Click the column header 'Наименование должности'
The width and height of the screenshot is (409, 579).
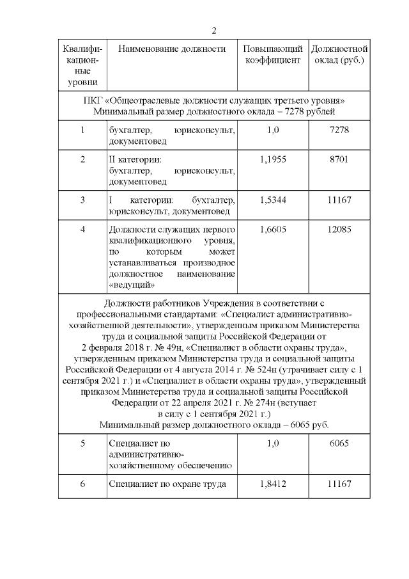coord(172,49)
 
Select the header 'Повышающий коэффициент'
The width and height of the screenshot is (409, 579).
coord(272,55)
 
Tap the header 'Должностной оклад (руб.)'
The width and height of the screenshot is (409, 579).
coord(339,55)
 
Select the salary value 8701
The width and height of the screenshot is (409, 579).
coord(339,159)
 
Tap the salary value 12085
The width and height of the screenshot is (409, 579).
coord(339,230)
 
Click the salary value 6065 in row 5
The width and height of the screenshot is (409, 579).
coord(339,443)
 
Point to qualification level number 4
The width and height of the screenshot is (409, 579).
coord(83,230)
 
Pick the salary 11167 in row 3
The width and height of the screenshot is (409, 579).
coord(339,200)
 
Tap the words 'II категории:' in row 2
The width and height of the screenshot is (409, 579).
coord(135,159)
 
